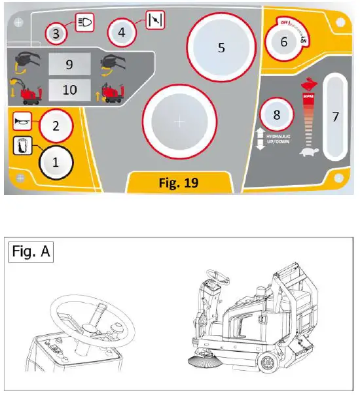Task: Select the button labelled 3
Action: [x=58, y=32]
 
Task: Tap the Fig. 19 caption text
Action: [x=179, y=182]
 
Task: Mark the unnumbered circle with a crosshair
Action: [x=180, y=122]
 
